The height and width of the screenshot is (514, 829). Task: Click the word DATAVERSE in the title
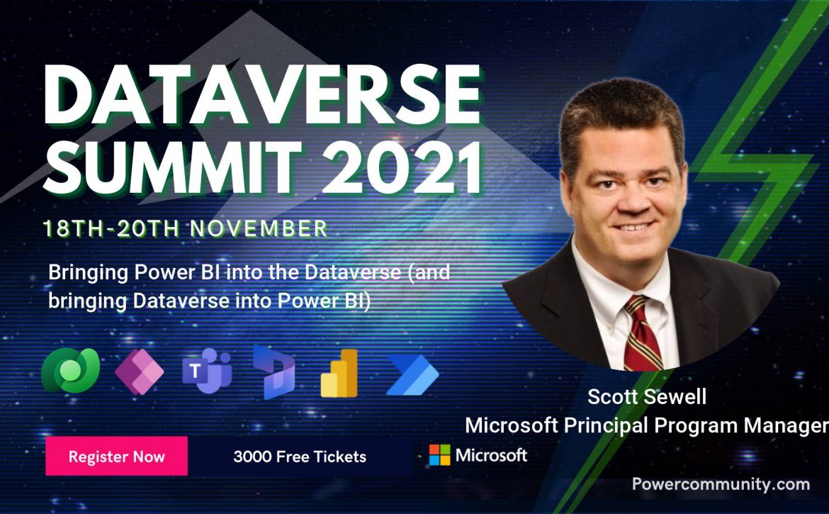262,96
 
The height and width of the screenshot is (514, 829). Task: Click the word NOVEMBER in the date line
259,228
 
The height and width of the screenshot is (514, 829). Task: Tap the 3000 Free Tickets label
300,457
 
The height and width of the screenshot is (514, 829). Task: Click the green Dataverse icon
70,371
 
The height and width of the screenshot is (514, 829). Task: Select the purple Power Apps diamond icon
139,371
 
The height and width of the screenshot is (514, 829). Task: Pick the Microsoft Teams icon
207,371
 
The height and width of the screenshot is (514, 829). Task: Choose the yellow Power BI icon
339,373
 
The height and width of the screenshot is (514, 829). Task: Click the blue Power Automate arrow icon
412,375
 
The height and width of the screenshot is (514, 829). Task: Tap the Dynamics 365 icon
273,371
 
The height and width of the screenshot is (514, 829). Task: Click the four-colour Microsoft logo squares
439,454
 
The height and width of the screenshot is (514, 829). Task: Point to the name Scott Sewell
647,396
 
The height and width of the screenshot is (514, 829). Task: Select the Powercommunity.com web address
721,484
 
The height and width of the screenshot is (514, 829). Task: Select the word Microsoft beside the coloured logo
491,455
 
